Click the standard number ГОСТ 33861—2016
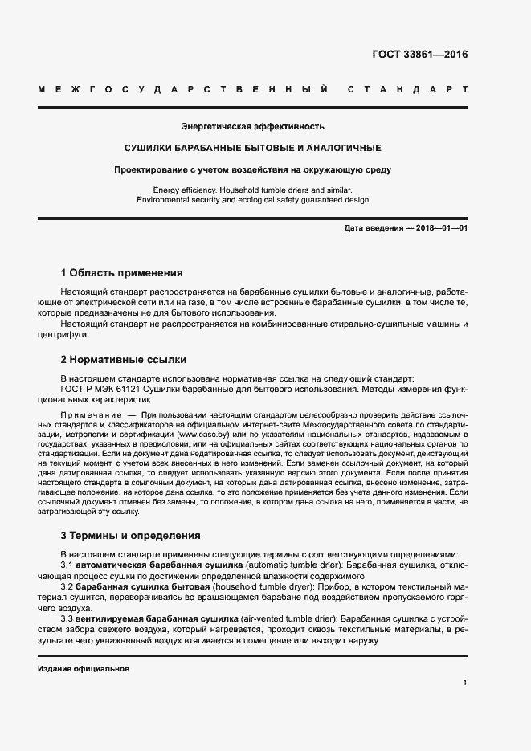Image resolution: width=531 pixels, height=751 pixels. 419,55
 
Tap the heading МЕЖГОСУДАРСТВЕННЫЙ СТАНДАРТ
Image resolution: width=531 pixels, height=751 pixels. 253,88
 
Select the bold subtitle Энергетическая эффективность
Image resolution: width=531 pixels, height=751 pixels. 252,126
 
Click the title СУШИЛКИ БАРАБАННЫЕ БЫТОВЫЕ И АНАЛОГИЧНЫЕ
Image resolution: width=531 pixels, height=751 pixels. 252,148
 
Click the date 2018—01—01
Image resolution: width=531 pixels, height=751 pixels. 442,228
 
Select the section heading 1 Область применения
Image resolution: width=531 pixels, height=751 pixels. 122,273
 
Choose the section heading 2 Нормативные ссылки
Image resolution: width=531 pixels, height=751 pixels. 124,360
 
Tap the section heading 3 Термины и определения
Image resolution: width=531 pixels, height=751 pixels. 131,536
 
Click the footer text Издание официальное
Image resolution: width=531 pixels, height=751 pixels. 84,668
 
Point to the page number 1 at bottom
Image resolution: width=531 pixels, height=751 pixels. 465,683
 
